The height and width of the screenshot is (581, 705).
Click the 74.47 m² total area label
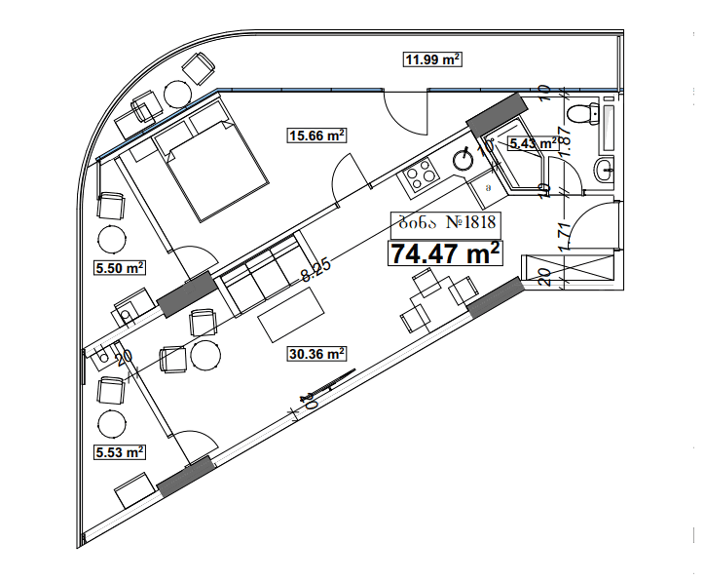tap(446, 252)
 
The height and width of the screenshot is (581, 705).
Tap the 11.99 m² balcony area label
tap(432, 60)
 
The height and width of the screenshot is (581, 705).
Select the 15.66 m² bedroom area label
tap(318, 136)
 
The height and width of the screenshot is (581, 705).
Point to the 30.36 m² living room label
tap(318, 354)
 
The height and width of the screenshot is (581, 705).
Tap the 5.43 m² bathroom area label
tap(534, 143)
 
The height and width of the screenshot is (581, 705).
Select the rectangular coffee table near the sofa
tap(293, 315)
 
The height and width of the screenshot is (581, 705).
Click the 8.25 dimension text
tap(314, 268)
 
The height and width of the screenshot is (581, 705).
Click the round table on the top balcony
tap(178, 92)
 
